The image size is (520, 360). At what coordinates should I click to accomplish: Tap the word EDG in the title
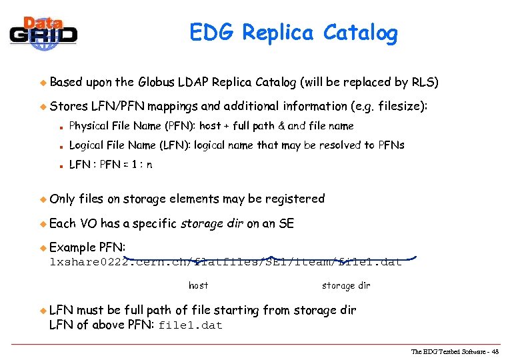tap(213, 32)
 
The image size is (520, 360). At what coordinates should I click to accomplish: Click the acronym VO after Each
tap(89, 223)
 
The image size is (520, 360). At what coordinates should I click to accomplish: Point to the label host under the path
tap(198, 285)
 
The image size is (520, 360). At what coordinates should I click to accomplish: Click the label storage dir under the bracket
tap(346, 285)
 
